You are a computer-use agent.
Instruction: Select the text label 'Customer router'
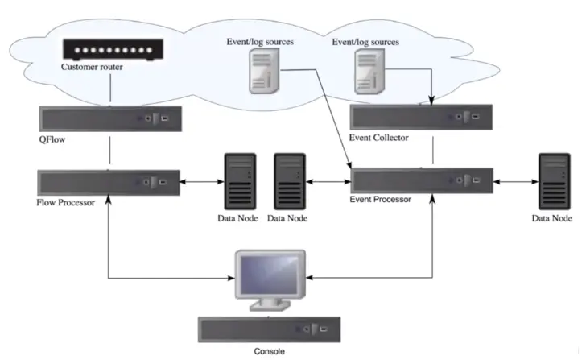[93, 67]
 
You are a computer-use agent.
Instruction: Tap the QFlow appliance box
[109, 118]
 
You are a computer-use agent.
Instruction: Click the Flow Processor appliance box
[108, 180]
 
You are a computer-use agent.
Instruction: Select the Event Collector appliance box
[422, 118]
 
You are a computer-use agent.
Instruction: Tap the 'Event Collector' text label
[379, 138]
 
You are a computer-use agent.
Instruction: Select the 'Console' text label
[269, 351]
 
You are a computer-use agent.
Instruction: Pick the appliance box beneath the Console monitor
[269, 329]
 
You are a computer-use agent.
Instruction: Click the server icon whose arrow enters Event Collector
[367, 72]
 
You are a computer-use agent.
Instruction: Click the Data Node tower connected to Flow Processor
[239, 182]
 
